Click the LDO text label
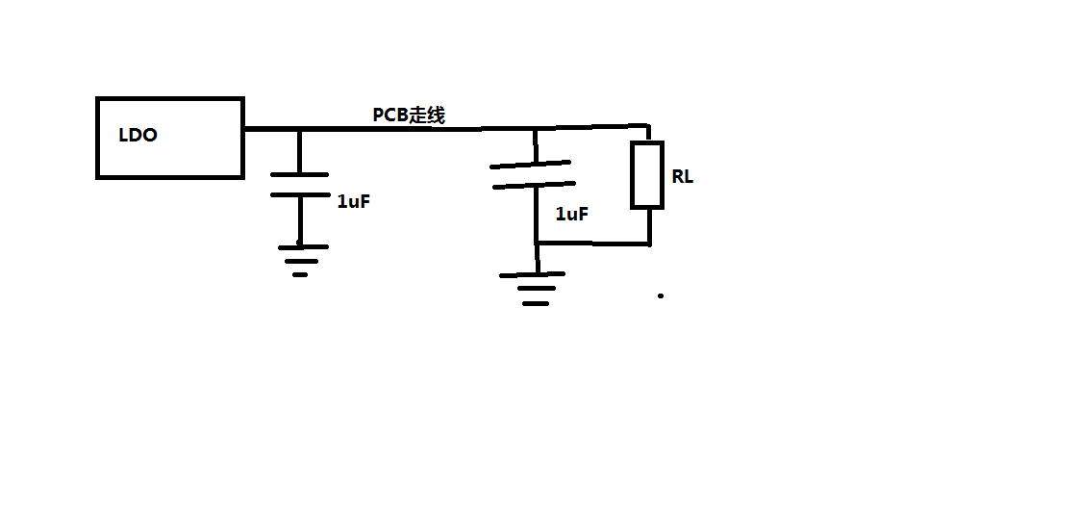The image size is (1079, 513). click(x=138, y=136)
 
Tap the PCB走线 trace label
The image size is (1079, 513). click(x=409, y=115)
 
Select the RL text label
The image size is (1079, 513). click(x=682, y=177)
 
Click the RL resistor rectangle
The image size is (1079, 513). click(x=647, y=174)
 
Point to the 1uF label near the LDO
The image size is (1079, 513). click(x=354, y=201)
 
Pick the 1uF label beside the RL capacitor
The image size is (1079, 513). click(x=571, y=215)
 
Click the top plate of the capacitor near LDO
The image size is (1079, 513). click(x=299, y=174)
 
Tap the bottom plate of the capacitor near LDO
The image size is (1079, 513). click(x=299, y=194)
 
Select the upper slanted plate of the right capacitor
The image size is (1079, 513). click(x=530, y=165)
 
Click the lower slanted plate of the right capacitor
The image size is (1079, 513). click(x=532, y=184)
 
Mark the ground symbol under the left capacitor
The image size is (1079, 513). click(x=302, y=259)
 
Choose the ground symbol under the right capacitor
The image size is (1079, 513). click(x=536, y=288)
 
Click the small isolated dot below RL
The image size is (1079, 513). click(x=661, y=295)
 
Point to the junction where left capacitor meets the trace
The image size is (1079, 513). click(x=299, y=129)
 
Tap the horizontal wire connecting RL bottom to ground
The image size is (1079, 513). click(x=592, y=244)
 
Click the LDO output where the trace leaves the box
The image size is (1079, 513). click(x=244, y=128)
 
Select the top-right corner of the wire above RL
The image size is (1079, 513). click(x=648, y=126)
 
